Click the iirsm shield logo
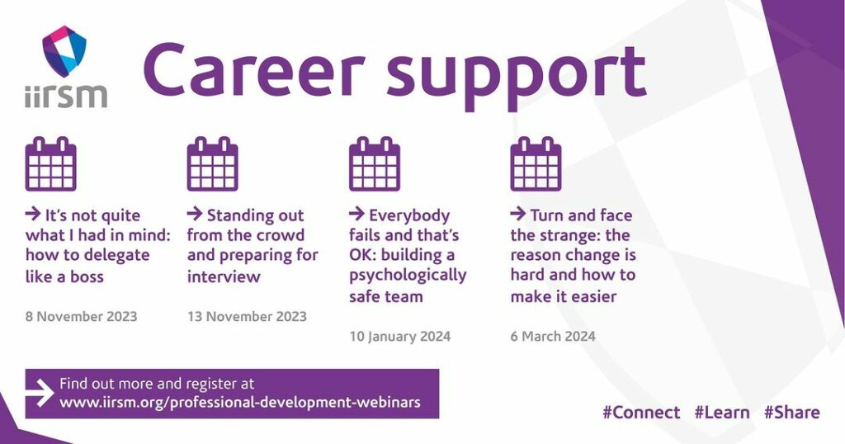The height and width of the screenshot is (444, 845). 64,51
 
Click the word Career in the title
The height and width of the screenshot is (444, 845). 254,71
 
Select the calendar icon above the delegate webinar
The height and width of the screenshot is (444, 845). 50,163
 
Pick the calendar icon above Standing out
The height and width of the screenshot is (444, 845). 212,163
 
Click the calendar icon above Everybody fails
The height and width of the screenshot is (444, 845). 375,163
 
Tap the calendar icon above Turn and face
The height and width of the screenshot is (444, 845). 536,163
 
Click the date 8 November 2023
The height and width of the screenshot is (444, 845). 82,316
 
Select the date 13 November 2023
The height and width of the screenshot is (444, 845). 247,316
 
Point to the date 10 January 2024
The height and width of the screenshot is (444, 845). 400,336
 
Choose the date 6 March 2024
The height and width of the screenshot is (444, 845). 553,336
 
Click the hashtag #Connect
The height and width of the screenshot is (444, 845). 641,413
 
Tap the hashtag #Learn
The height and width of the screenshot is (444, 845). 722,413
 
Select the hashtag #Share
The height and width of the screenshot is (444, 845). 792,413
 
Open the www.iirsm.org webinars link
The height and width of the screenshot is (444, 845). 240,403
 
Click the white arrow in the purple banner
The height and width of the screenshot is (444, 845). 40,394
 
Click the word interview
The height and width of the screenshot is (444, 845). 224,277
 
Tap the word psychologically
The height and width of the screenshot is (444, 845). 408,276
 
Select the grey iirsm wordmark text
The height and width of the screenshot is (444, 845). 66,96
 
